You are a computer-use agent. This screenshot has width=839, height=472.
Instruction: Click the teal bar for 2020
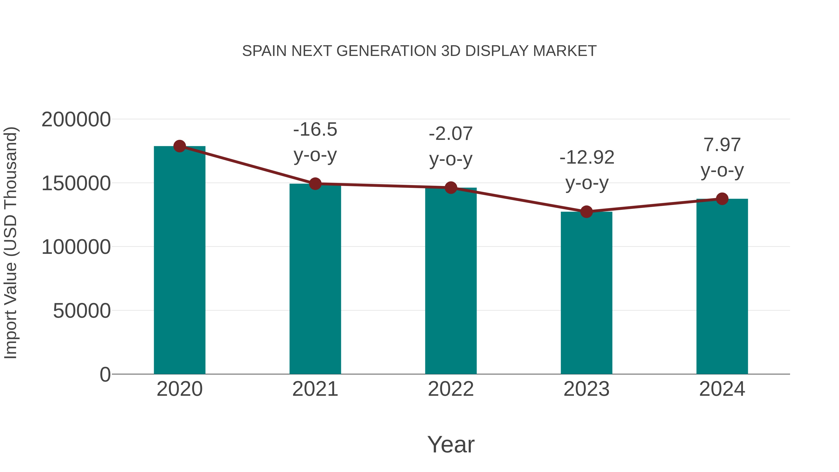[179, 261]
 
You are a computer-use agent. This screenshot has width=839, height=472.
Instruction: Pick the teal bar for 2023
[586, 293]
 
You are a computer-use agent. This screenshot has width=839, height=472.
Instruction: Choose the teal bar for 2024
[722, 287]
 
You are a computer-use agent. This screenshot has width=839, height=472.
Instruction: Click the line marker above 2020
[179, 146]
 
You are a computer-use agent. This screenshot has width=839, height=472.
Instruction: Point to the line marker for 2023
[586, 212]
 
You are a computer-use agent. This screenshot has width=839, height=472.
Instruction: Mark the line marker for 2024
[722, 199]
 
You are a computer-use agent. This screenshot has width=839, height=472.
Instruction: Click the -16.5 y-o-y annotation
[315, 142]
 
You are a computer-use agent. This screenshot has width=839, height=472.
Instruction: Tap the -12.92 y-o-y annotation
[587, 170]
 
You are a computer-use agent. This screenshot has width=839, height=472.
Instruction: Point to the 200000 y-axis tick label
[76, 120]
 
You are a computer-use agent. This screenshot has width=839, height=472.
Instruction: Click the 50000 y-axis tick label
[82, 311]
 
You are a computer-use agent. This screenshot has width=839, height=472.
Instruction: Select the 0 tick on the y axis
[105, 375]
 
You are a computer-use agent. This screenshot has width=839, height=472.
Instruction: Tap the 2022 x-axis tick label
[451, 389]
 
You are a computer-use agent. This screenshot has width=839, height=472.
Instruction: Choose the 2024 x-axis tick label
[722, 389]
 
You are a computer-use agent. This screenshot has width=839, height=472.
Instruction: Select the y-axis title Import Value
[10, 243]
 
